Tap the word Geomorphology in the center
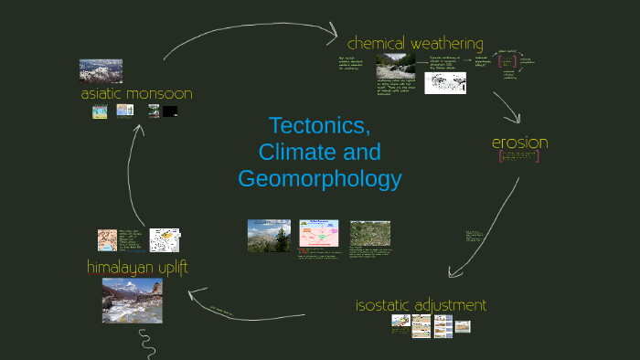pyautogui.click(x=319, y=178)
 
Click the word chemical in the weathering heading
pyautogui.click(x=376, y=43)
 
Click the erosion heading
pyautogui.click(x=519, y=143)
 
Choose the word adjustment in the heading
pyautogui.click(x=453, y=305)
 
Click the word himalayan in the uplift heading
pyautogui.click(x=119, y=267)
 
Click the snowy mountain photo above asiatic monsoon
pyautogui.click(x=101, y=70)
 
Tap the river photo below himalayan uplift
pyautogui.click(x=132, y=301)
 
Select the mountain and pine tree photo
pyautogui.click(x=269, y=235)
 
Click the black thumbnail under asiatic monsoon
pyautogui.click(x=170, y=111)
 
